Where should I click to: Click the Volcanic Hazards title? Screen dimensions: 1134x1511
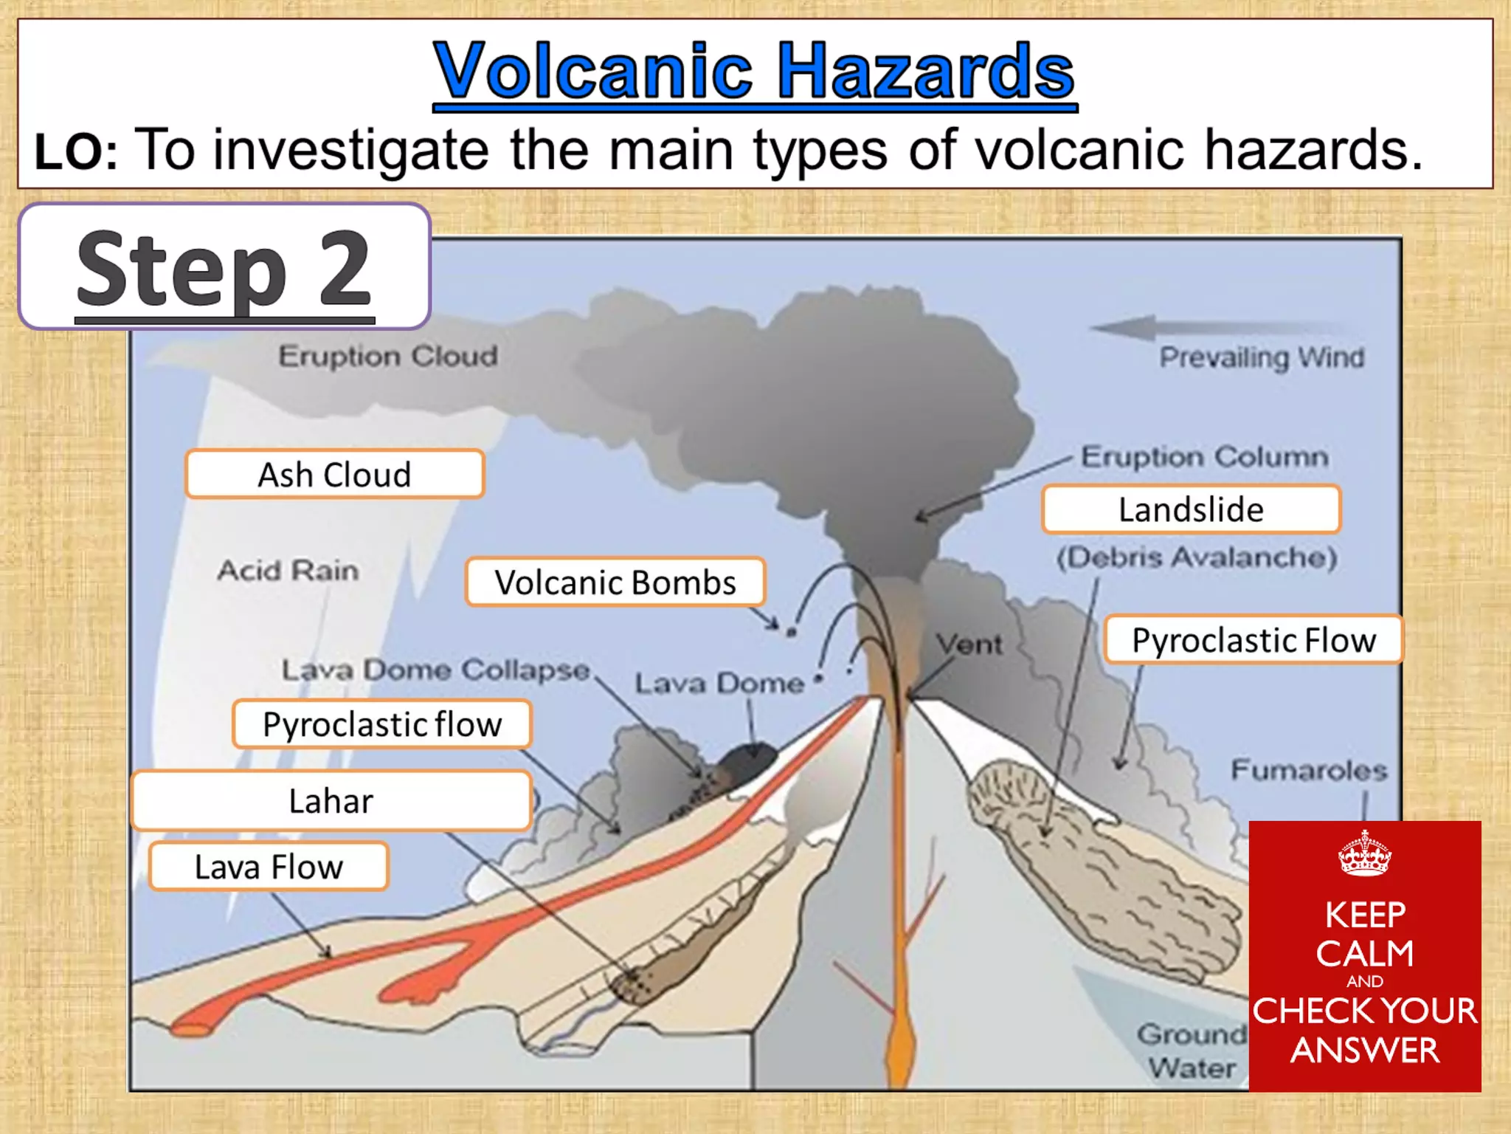(754, 71)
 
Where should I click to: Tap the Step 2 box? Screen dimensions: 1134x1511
(224, 267)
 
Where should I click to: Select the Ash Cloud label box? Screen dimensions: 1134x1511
(335, 475)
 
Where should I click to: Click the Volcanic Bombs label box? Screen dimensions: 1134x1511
(615, 583)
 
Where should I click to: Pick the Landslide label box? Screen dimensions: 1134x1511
(1191, 509)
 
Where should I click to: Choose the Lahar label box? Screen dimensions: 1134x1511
(331, 801)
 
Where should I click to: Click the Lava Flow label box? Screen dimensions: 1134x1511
(269, 867)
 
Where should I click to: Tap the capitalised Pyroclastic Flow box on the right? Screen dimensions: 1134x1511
(1254, 640)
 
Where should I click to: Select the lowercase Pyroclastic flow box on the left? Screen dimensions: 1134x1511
(382, 724)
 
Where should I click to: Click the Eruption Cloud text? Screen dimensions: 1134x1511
(388, 357)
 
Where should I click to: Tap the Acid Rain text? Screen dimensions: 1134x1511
(288, 571)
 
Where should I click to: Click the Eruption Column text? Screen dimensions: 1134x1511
(1204, 457)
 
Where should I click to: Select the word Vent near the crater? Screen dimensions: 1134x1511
(969, 645)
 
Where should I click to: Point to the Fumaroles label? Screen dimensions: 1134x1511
(1309, 771)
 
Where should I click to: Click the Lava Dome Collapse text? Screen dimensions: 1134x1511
(435, 670)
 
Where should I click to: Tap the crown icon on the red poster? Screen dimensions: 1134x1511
(1365, 854)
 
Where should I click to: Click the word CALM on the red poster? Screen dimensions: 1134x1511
(1365, 953)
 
